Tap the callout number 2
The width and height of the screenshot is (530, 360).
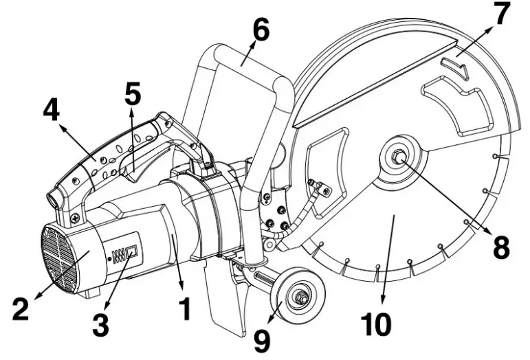[21, 308]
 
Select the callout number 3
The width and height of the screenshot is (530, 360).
[100, 324]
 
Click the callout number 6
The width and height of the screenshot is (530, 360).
[260, 30]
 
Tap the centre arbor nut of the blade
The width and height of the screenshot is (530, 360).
[399, 157]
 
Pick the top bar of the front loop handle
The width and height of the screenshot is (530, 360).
[241, 54]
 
